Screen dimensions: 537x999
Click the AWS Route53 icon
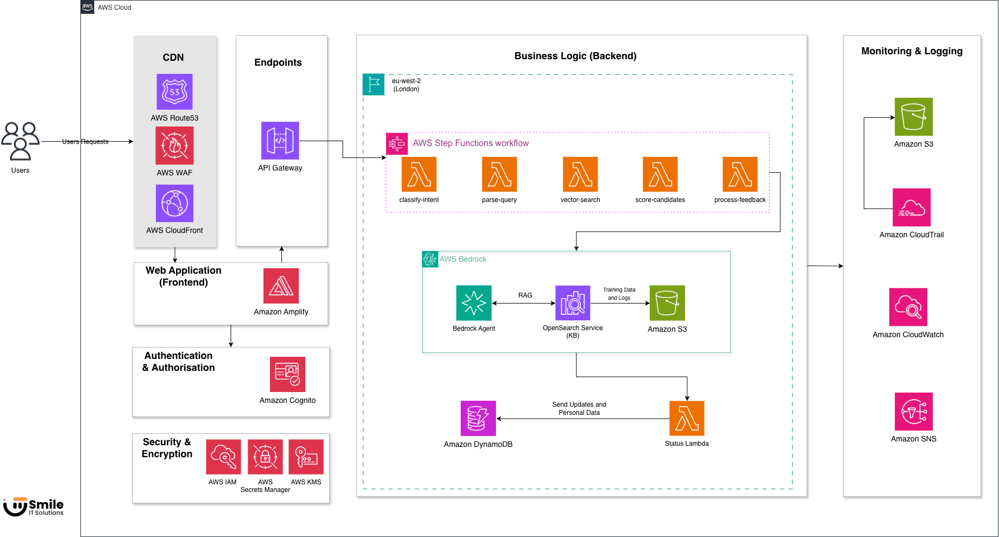pyautogui.click(x=174, y=92)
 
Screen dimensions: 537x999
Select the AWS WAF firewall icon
pyautogui.click(x=174, y=146)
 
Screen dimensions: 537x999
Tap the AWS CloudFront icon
pyautogui.click(x=174, y=203)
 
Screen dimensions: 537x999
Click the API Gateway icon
pyautogui.click(x=280, y=141)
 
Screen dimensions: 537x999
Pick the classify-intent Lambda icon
pyautogui.click(x=419, y=174)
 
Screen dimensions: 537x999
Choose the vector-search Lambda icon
pyautogui.click(x=580, y=174)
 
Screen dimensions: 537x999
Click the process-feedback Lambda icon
pyautogui.click(x=740, y=174)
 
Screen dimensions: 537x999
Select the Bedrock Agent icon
pyautogui.click(x=474, y=303)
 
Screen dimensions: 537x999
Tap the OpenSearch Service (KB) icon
pyautogui.click(x=573, y=303)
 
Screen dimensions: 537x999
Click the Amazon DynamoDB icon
pyautogui.click(x=478, y=418)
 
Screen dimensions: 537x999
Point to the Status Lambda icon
pyautogui.click(x=687, y=418)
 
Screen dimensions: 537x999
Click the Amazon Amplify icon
pyautogui.click(x=281, y=286)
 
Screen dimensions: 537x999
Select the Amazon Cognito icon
pyautogui.click(x=287, y=374)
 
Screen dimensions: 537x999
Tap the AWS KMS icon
pyautogui.click(x=306, y=457)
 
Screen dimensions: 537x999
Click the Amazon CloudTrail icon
pyautogui.click(x=912, y=207)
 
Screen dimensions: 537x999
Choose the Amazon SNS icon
pyautogui.click(x=914, y=412)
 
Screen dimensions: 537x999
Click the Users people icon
pyautogui.click(x=21, y=141)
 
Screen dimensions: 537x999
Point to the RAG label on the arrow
pyautogui.click(x=525, y=295)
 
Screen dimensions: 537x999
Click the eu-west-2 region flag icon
pyautogui.click(x=374, y=85)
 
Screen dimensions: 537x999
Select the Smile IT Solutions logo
pyautogui.click(x=34, y=507)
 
